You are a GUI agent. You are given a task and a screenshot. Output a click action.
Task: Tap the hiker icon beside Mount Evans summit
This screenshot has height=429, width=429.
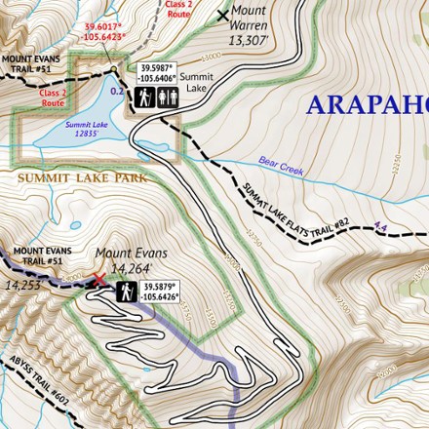click(x=127, y=292)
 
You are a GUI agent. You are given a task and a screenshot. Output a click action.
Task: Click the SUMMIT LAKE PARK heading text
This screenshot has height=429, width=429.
click(x=83, y=178)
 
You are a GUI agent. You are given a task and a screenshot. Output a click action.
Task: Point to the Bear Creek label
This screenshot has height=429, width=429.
click(x=281, y=167)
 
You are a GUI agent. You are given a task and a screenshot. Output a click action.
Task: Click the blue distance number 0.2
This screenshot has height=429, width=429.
click(x=117, y=91)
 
